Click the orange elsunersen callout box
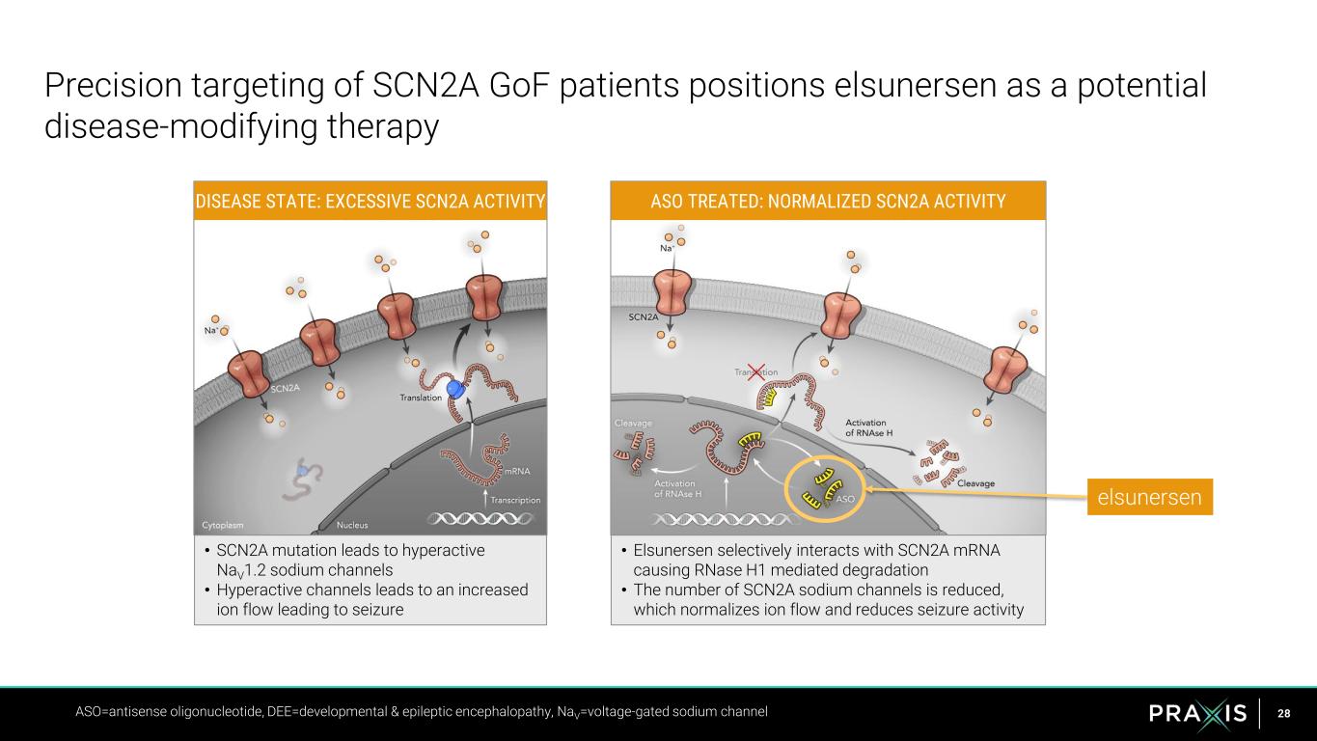(x=1149, y=497)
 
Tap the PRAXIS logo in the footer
(x=1197, y=714)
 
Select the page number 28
(x=1283, y=714)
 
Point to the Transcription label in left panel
(x=515, y=500)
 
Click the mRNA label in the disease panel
(x=517, y=472)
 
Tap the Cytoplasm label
(x=223, y=526)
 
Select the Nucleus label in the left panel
(x=352, y=526)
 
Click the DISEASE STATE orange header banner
(x=370, y=201)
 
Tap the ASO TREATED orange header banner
(x=828, y=201)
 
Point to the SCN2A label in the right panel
(x=644, y=316)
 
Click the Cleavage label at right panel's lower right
(x=975, y=483)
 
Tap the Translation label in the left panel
(x=421, y=398)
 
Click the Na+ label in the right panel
(x=667, y=248)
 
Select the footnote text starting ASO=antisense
(x=422, y=712)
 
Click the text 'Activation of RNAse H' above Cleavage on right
(x=869, y=427)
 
